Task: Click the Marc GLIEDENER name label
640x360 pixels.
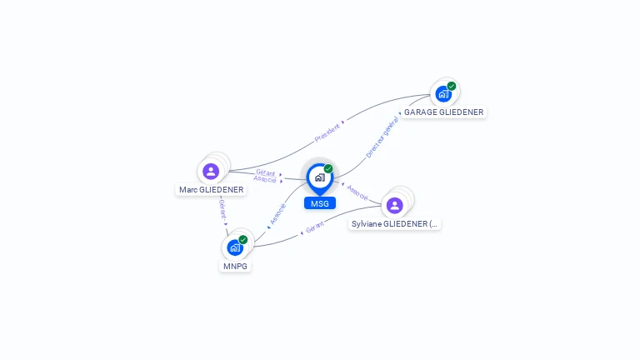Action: tap(211, 189)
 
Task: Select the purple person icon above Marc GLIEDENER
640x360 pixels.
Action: tap(211, 171)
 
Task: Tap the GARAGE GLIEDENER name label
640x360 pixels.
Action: tap(443, 112)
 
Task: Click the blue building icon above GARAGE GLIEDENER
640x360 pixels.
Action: tap(443, 93)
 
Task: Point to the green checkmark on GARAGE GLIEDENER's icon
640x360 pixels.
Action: tap(452, 86)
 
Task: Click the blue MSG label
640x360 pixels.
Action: tap(319, 203)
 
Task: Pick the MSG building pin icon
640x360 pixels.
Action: tap(319, 177)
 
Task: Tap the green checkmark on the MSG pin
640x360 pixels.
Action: tap(328, 168)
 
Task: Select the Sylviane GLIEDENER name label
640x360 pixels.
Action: tap(395, 223)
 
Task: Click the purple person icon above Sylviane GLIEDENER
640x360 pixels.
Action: tap(395, 205)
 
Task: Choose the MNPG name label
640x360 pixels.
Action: tap(235, 266)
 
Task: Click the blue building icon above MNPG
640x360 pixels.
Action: tap(235, 247)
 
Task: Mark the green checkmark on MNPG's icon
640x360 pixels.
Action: tap(243, 240)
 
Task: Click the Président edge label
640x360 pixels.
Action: tap(328, 132)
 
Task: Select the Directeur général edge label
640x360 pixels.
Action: tap(382, 138)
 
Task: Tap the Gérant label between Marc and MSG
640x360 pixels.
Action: tap(266, 172)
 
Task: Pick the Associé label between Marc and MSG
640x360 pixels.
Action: tap(266, 179)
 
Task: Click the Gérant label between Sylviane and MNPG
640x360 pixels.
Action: tap(314, 227)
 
